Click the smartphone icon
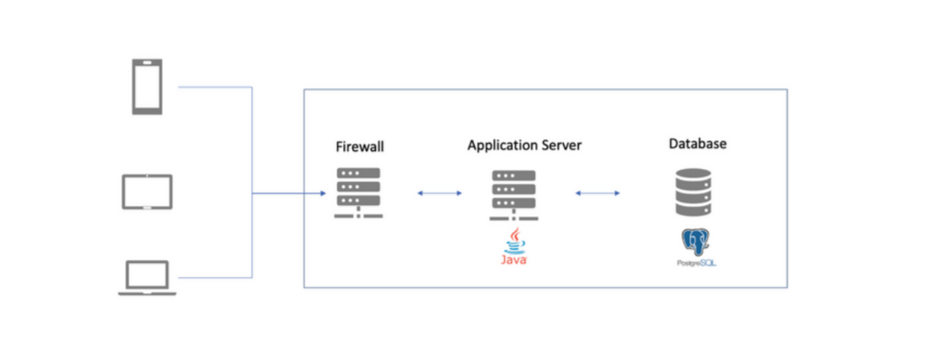click(x=147, y=86)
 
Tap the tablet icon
click(x=147, y=191)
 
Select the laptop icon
click(x=147, y=278)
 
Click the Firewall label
click(x=359, y=146)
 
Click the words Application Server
click(x=524, y=145)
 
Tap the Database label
click(x=697, y=143)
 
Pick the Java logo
click(x=515, y=248)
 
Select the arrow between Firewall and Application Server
click(x=439, y=192)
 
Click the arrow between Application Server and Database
click(x=597, y=192)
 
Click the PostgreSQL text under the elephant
click(x=694, y=263)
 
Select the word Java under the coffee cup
click(x=515, y=261)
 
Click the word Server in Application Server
click(x=560, y=145)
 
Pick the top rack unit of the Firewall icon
click(x=359, y=173)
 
